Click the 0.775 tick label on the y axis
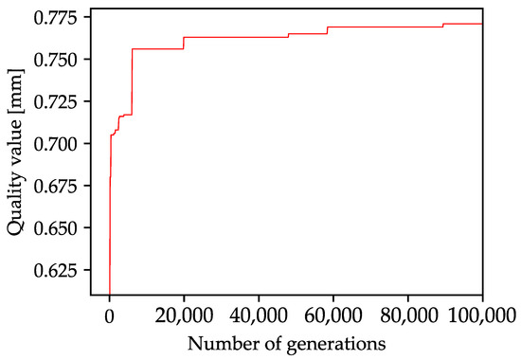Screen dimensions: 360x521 pos(60,18)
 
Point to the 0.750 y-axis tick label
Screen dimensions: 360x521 pos(60,60)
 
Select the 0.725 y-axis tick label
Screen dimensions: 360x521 pos(60,101)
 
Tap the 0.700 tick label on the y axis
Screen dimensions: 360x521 pos(60,144)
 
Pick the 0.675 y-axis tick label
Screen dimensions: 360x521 pos(60,186)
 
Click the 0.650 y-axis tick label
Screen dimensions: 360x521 pos(60,228)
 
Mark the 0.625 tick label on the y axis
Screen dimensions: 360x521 pos(60,270)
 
